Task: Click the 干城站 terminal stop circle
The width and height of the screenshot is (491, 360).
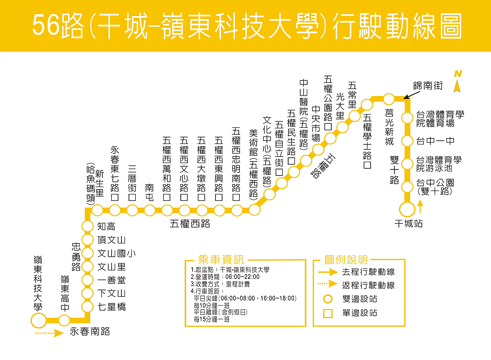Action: pos(407,210)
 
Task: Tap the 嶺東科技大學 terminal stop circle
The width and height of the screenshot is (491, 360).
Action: pos(38,321)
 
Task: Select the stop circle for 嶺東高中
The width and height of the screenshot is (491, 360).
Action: pos(64,321)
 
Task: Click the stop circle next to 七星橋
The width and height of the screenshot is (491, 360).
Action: pos(88,307)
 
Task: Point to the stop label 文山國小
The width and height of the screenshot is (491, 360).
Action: pos(116,253)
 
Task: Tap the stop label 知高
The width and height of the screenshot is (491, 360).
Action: pos(106,226)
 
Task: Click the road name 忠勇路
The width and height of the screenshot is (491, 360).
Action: pos(76,256)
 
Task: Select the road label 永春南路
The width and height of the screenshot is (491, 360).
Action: pos(90,332)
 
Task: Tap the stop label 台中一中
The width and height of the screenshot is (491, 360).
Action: pos(435,141)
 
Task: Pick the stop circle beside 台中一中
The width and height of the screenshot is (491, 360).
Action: pos(407,141)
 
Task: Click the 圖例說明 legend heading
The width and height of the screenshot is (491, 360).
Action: pos(346,260)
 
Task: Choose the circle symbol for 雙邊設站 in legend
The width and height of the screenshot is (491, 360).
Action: pos(328,299)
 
